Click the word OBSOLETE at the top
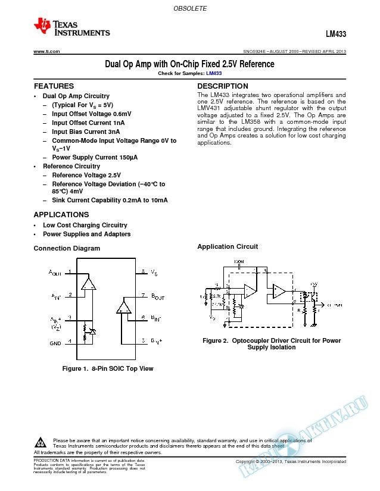pyautogui.click(x=189, y=8)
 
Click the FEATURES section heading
pyautogui.click(x=54, y=86)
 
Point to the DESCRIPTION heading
pyautogui.click(x=222, y=86)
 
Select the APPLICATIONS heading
pyautogui.click(x=61, y=214)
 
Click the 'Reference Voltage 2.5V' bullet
pyautogui.click(x=86, y=176)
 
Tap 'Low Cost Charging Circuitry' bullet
pyautogui.click(x=85, y=226)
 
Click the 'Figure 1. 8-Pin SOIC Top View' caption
pyautogui.click(x=108, y=368)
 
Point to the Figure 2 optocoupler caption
pyautogui.click(x=271, y=344)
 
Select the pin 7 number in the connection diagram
pyautogui.click(x=143, y=295)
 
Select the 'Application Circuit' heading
pyautogui.click(x=228, y=246)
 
